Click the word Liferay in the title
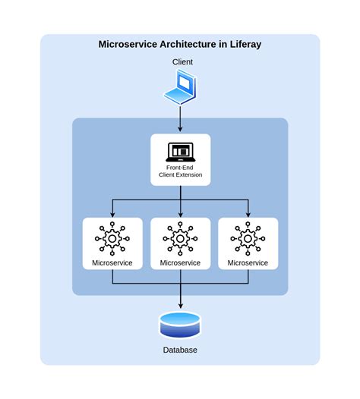242,44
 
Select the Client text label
180,62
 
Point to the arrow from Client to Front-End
181,118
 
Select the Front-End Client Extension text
181,171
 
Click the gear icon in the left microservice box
112,238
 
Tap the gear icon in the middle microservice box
181,238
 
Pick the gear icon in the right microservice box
248,238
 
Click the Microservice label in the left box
112,262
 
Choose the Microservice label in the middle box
181,262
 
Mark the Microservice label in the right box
248,262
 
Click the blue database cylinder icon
180,324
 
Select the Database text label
180,350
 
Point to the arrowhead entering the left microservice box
112,214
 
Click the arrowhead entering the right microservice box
248,214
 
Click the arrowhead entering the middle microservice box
181,214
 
